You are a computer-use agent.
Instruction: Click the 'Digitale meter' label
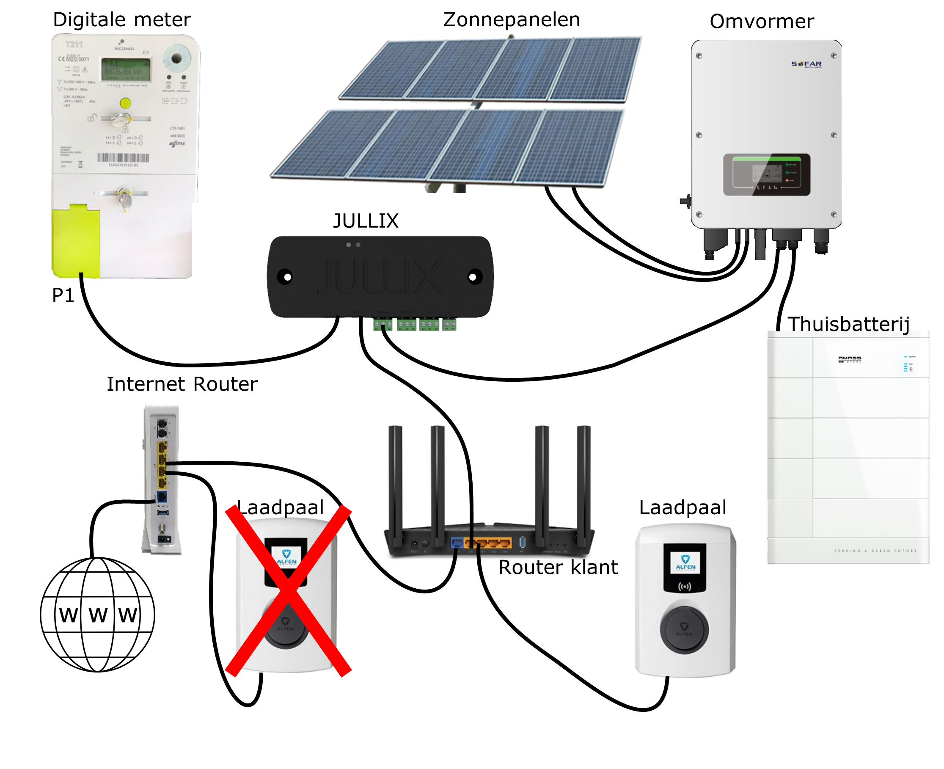[x=122, y=20]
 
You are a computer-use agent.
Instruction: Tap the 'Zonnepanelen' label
[x=511, y=20]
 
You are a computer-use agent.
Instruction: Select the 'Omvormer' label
[x=761, y=22]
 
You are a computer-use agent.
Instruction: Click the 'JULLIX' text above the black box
[x=365, y=221]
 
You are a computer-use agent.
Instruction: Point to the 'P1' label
[x=63, y=295]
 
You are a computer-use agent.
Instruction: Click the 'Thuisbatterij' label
[x=848, y=324]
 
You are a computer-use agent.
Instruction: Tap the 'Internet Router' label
[x=182, y=384]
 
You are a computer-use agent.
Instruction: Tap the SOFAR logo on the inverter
[x=806, y=64]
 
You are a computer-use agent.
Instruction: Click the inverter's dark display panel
[x=766, y=174]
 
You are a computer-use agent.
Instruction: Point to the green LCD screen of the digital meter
[x=126, y=69]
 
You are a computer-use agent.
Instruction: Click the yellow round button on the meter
[x=125, y=103]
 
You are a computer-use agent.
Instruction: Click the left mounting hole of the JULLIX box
[x=287, y=277]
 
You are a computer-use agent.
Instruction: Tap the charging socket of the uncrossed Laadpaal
[x=684, y=629]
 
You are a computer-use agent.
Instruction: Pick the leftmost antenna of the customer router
[x=395, y=483]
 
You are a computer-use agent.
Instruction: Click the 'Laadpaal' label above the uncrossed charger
[x=682, y=507]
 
